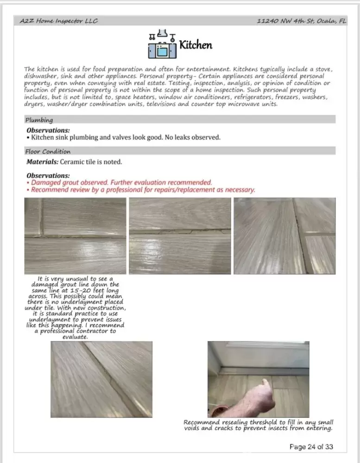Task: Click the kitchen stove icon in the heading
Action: click(x=162, y=45)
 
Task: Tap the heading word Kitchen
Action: click(x=196, y=45)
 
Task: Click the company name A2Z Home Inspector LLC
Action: click(x=59, y=21)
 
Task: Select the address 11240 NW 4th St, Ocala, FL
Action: click(x=302, y=21)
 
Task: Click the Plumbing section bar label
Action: click(x=39, y=120)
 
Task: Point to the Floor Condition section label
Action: click(x=48, y=151)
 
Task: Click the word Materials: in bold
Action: click(x=42, y=162)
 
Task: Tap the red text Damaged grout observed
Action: click(x=69, y=182)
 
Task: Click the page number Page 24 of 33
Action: click(x=311, y=447)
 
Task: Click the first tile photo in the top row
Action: click(x=75, y=236)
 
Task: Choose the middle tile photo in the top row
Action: click(x=180, y=236)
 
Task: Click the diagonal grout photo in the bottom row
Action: click(x=101, y=380)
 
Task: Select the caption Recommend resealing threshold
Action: click(x=258, y=425)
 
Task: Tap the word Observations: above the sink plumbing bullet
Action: click(x=48, y=131)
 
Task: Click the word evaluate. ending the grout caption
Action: click(x=75, y=337)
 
